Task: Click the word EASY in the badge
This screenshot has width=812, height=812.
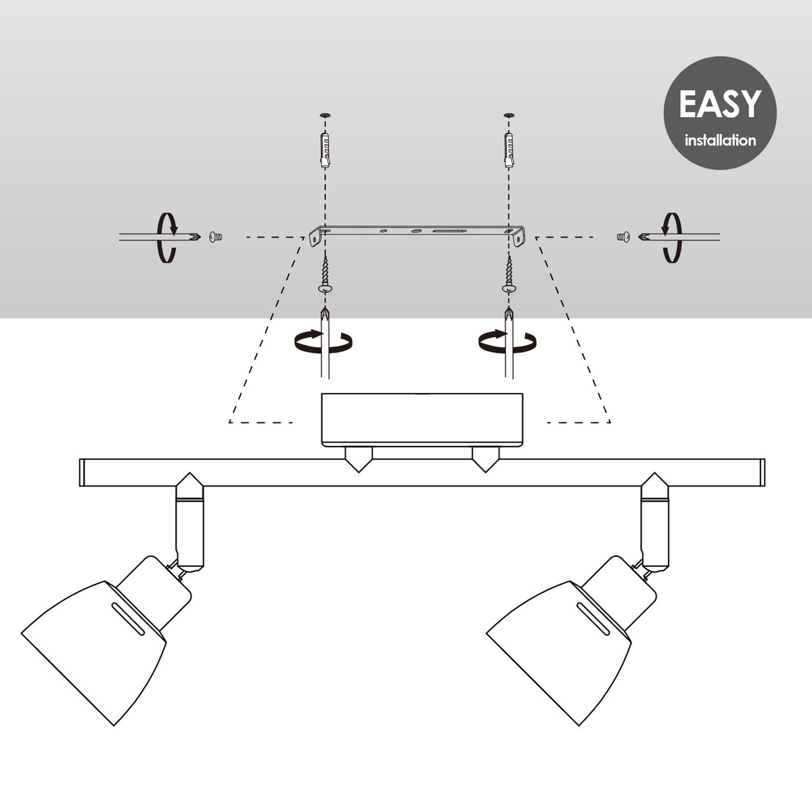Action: coord(720,104)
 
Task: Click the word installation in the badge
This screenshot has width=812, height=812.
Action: coord(720,140)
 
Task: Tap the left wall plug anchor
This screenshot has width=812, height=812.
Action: coord(325,150)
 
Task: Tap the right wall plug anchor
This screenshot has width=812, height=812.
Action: coord(509,150)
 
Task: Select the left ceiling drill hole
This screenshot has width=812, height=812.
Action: coord(325,115)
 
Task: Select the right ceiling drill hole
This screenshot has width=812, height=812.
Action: coord(509,115)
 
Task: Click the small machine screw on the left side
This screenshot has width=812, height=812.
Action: coord(216,238)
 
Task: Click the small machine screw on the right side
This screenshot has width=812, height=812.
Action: coord(623,238)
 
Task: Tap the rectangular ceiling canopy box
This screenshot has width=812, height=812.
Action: coord(422,420)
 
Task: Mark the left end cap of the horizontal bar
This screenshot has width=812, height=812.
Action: coord(82,472)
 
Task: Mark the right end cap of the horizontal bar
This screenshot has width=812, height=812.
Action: coord(763,472)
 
